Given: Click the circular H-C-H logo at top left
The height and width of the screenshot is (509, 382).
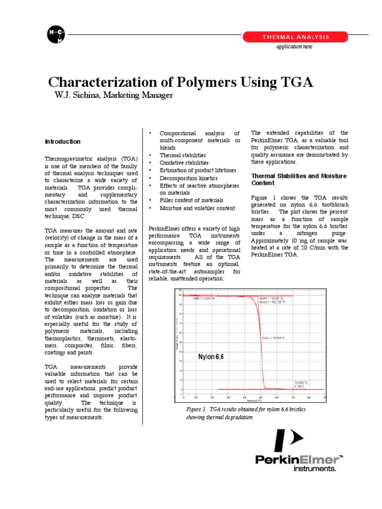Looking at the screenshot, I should click(56, 34).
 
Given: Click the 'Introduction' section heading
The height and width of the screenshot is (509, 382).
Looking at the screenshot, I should click(63, 142).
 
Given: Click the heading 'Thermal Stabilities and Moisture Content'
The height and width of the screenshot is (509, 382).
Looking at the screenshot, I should click(299, 180).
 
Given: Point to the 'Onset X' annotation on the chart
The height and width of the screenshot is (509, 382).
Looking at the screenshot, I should click(272, 302).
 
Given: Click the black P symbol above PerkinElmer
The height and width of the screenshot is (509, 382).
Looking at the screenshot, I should click(289, 440).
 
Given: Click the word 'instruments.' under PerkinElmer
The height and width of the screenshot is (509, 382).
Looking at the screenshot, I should click(315, 468).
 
